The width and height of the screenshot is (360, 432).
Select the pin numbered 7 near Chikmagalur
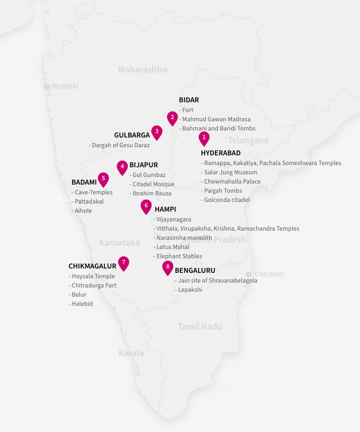(124, 263)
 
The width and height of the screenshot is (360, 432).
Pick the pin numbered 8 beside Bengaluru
(168, 267)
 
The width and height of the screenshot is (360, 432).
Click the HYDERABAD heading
(220, 153)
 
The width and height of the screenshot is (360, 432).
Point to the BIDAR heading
(189, 100)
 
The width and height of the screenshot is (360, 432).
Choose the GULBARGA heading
(132, 135)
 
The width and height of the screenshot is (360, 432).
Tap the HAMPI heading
(165, 210)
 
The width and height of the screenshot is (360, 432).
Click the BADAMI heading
(83, 182)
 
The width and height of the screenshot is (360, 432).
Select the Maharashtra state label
(143, 69)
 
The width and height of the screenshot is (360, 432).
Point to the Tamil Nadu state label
(200, 327)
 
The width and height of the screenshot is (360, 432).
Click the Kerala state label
(131, 354)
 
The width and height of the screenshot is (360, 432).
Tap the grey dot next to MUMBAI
(47, 87)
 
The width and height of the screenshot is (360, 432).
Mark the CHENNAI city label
(269, 274)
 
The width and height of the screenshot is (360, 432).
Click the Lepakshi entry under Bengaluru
(190, 290)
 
